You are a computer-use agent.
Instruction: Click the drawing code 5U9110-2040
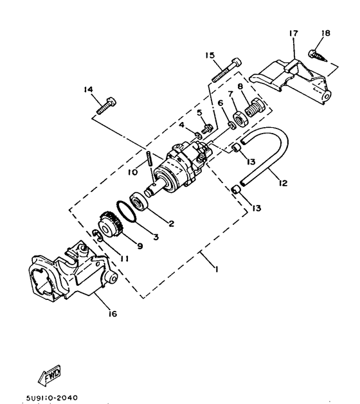tap(51, 398)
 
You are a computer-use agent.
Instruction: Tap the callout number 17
tap(294, 33)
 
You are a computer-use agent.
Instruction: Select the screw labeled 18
tap(318, 55)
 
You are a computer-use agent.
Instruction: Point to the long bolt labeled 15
tap(227, 70)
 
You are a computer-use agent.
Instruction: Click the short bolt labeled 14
tap(106, 105)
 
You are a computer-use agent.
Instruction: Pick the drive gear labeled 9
tap(111, 224)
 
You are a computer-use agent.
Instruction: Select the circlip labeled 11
tap(98, 236)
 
